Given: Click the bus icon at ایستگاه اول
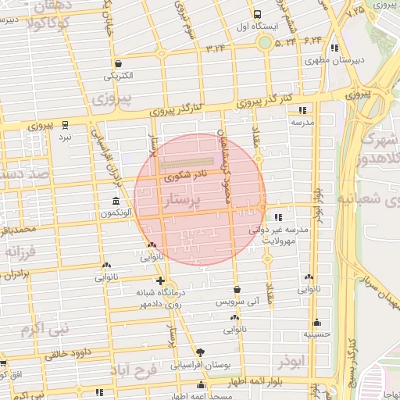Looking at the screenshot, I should click(x=258, y=14).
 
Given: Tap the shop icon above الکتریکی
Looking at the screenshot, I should click(x=117, y=64).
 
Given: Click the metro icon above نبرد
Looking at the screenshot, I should click(x=66, y=123).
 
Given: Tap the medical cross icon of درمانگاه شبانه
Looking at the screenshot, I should click(x=160, y=280).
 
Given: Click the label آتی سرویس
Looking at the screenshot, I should click(x=235, y=300).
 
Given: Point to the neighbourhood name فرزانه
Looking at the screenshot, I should click(x=22, y=253).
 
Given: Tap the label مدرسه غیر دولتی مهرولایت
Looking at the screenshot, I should click(x=280, y=236).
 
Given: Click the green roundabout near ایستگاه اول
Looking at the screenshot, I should click(x=266, y=41).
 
